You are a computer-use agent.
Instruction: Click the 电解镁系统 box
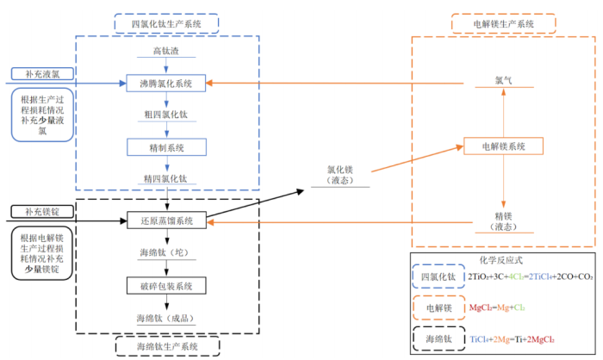point(503,147)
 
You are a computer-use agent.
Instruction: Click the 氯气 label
point(503,79)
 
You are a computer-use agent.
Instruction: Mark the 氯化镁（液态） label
point(341,175)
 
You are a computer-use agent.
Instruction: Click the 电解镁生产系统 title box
point(504,24)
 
